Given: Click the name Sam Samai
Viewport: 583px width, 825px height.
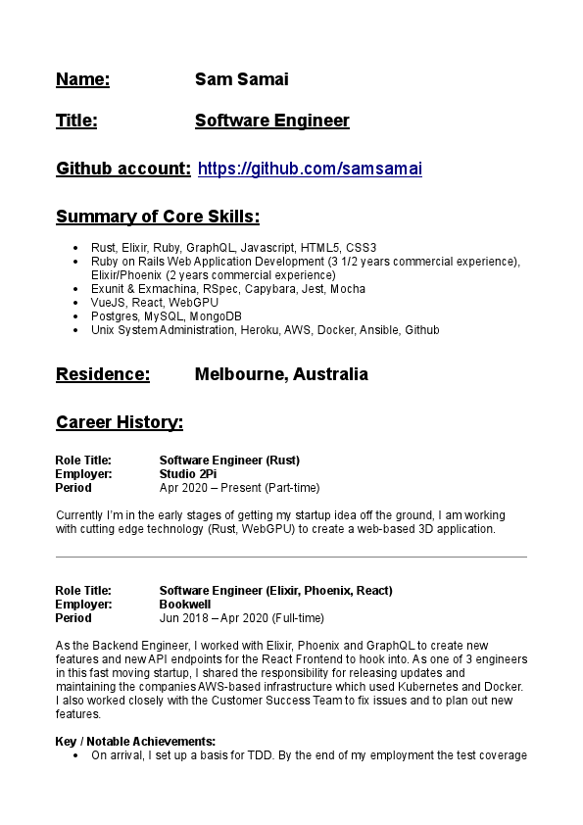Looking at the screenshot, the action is point(241,79).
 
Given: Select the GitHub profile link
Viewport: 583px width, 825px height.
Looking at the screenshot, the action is point(310,169).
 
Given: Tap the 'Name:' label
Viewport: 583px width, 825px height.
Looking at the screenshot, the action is point(82,79).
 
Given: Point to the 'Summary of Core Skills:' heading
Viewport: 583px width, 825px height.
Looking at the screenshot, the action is point(158,217).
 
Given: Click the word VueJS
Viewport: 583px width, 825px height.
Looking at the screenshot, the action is point(107,303).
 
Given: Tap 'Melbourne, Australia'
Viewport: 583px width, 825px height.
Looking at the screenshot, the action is point(281,374).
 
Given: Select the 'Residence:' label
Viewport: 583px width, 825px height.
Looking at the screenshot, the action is point(103,374).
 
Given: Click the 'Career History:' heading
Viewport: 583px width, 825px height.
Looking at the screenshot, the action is point(120,422).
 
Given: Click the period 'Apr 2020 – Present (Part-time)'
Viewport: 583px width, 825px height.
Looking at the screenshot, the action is point(239,488).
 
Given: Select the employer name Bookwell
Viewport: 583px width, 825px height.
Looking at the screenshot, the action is point(185,605).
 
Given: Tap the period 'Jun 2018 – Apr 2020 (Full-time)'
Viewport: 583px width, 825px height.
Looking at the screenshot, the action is point(241,618).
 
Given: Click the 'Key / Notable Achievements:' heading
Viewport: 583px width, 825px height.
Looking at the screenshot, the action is point(135,742).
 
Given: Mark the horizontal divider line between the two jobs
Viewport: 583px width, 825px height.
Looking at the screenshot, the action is point(291,558).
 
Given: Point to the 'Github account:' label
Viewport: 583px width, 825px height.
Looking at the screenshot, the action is point(123,169).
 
